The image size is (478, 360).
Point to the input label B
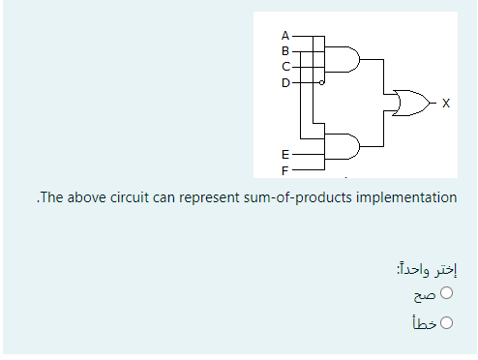285,49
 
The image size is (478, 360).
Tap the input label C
285,66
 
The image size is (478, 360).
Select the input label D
285,82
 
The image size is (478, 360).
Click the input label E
284,153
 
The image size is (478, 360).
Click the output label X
444,102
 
